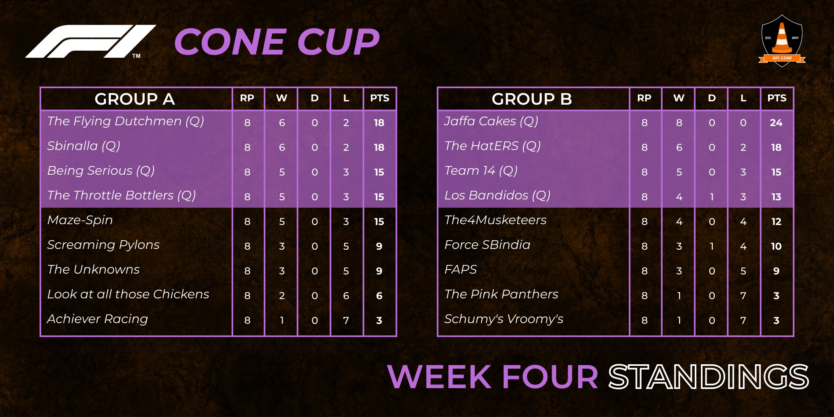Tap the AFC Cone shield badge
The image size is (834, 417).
pos(782,41)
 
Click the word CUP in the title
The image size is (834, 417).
pos(338,42)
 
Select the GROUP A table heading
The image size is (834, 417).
pos(135,99)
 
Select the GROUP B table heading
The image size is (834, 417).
pos(532,99)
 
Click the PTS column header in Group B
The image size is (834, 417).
pos(777,98)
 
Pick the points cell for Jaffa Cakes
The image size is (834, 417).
pos(776,123)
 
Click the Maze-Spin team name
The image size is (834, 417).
pos(80,220)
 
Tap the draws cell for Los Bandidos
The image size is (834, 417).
pos(712,197)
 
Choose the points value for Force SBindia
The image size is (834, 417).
pos(776,246)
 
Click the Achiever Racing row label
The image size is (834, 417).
pos(97,319)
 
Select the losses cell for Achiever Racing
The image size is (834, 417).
pos(346,321)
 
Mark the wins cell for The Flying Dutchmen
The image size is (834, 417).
pos(282,123)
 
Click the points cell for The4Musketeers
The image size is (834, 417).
pos(776,222)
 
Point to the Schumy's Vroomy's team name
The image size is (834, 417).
pos(504,319)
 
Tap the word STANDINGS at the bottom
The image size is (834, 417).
pos(708,377)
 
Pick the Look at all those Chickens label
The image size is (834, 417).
pos(128,294)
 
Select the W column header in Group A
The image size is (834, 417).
pos(282,98)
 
